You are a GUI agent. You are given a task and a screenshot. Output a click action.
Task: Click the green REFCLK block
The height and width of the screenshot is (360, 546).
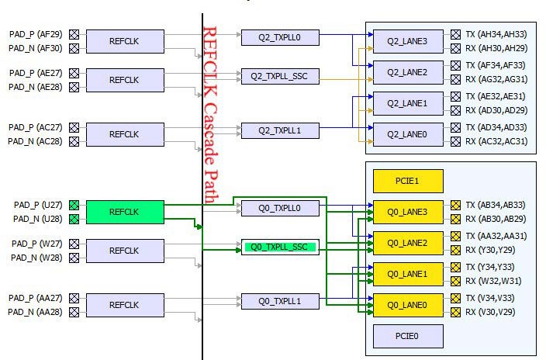click(124, 211)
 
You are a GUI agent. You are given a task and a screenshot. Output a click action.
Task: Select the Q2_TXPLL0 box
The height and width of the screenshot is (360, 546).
click(280, 36)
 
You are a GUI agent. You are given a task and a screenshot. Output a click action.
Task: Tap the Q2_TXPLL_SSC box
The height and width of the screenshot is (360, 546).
click(280, 76)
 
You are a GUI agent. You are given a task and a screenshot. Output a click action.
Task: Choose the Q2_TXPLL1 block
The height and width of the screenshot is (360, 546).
click(280, 130)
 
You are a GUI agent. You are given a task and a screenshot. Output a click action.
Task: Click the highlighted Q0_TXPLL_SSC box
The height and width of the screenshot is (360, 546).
click(280, 247)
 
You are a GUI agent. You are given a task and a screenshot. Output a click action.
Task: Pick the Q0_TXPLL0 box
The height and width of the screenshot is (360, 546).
click(280, 207)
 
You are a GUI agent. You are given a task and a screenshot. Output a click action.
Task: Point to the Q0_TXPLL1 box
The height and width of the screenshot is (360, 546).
click(280, 300)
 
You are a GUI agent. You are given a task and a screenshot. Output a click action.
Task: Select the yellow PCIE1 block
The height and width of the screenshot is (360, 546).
click(408, 181)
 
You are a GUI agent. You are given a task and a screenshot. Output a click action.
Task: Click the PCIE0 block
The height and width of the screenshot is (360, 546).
click(408, 336)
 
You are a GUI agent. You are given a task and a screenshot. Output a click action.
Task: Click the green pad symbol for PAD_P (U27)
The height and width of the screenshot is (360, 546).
click(74, 205)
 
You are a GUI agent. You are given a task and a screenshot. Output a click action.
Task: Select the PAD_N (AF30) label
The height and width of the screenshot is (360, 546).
click(34, 48)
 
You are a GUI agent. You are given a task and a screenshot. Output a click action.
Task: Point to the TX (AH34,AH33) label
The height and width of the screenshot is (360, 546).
click(496, 34)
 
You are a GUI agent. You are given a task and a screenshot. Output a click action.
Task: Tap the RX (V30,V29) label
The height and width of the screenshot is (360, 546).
click(489, 312)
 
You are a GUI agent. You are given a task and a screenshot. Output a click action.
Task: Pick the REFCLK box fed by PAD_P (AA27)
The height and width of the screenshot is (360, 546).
click(124, 305)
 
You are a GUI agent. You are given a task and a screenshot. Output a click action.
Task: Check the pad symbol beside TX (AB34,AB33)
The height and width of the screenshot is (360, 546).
click(456, 205)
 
